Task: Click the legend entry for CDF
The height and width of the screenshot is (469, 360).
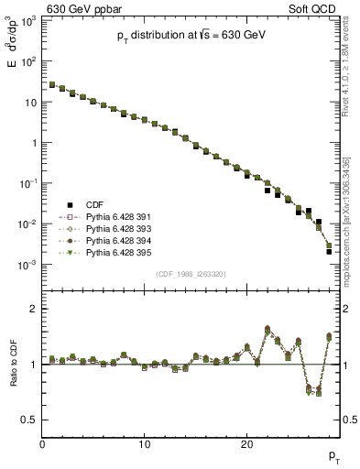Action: pos(95,205)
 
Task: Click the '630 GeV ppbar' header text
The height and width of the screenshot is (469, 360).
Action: pos(85,8)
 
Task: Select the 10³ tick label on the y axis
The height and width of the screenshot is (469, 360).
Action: pos(28,22)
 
